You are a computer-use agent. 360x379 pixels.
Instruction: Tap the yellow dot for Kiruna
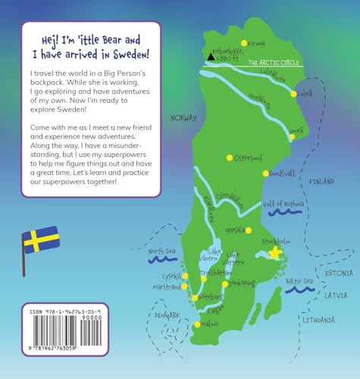(x=243, y=42)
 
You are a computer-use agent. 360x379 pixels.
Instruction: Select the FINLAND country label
(x=321, y=182)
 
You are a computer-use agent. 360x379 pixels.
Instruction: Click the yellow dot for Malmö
(x=198, y=324)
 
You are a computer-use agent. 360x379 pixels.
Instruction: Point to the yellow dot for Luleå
(x=294, y=94)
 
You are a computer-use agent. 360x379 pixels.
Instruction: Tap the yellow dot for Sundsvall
(x=265, y=174)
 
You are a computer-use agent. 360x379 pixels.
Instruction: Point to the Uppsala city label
(x=234, y=229)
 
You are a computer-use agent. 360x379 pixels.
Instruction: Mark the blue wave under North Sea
(x=161, y=260)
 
